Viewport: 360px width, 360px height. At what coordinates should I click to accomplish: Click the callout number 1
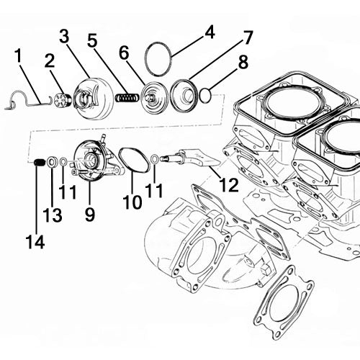(x=17, y=54)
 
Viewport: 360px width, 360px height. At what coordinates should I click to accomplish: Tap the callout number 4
(x=210, y=32)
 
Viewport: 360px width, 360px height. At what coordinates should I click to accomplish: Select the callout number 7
(x=248, y=36)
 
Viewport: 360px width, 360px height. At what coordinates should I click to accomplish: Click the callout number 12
(x=228, y=186)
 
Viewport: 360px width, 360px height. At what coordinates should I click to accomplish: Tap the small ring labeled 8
(x=206, y=93)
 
